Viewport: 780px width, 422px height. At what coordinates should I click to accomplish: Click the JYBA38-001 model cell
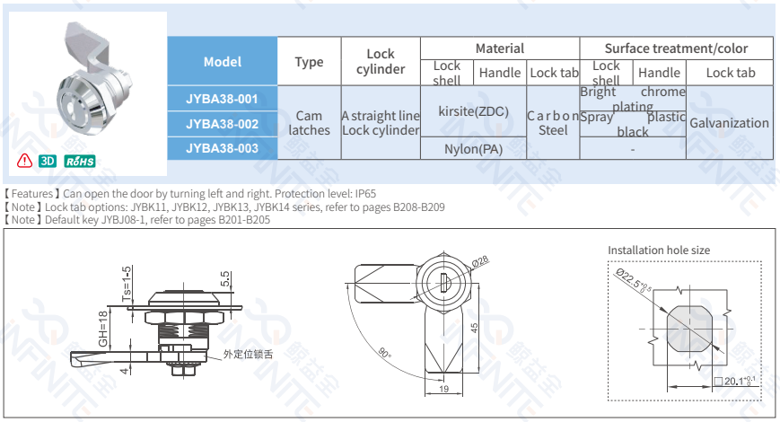223,98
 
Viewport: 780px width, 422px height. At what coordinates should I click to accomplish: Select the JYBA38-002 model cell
223,123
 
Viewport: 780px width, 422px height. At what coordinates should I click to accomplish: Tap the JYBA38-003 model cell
223,147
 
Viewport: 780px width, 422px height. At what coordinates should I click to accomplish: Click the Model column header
223,62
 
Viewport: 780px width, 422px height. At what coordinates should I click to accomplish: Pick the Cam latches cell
309,123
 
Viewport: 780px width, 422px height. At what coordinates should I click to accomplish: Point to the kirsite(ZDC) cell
473,111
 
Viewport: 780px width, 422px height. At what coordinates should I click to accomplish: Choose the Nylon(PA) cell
473,149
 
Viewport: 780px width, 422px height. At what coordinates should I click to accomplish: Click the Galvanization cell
729,123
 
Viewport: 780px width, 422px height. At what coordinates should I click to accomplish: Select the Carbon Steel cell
553,123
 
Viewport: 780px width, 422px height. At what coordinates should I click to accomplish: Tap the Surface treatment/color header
676,48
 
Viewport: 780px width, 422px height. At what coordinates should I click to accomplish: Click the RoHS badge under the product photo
81,161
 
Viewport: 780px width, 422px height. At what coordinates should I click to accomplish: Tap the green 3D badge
48,161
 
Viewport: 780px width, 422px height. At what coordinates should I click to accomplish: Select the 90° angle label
384,353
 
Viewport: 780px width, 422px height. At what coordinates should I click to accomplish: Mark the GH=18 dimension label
103,330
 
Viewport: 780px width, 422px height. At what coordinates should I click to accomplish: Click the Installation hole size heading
658,250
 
